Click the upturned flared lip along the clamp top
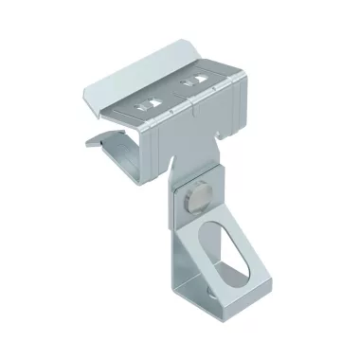tap(161, 74)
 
